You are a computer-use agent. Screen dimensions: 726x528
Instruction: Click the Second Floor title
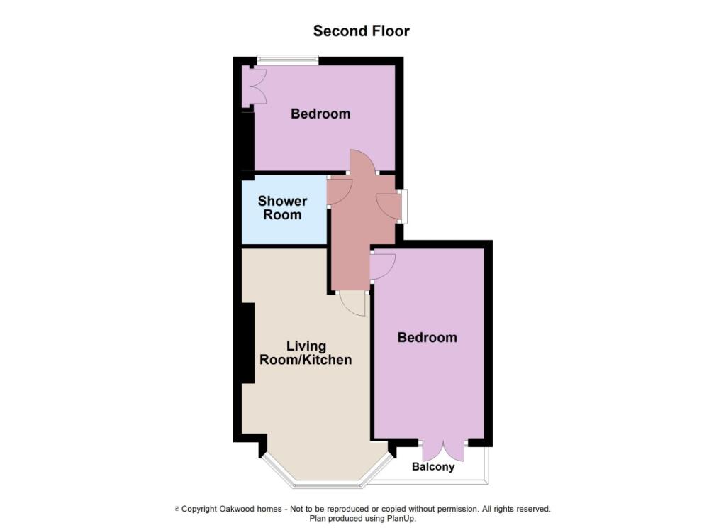pos(361,31)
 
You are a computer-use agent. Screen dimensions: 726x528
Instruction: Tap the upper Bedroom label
pos(320,114)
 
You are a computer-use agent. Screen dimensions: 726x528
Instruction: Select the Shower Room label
pos(282,208)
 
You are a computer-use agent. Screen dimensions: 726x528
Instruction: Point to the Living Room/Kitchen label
pos(306,353)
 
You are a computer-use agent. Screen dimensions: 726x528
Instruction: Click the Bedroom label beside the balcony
pos(427,337)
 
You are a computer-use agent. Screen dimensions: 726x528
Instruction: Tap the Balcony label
pos(433,466)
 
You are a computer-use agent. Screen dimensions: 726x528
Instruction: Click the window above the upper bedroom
pos(288,59)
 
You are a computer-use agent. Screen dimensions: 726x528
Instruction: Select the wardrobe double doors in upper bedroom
pos(255,87)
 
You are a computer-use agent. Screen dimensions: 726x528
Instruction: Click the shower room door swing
pos(340,191)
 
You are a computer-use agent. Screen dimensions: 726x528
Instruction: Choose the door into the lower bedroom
pos(383,267)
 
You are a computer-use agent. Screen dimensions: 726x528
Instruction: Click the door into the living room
pos(352,304)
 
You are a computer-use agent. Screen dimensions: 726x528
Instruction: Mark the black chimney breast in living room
pos(248,343)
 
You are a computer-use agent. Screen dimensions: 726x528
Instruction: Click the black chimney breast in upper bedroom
pos(247,141)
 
